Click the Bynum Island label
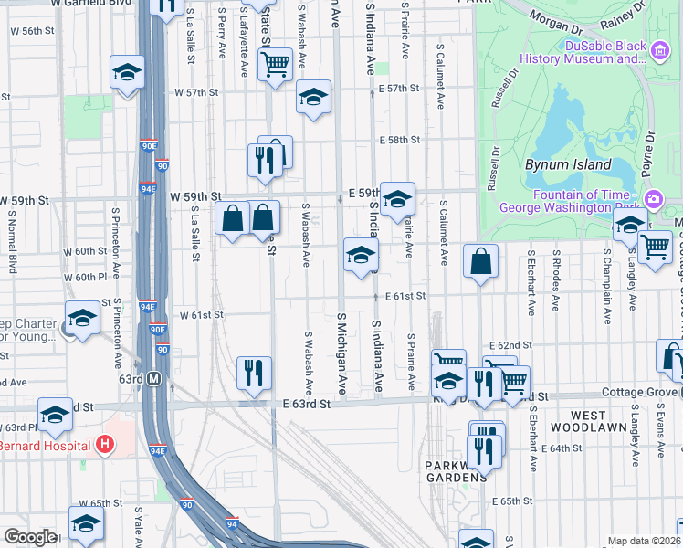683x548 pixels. click(562, 165)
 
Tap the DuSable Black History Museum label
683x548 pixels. click(583, 53)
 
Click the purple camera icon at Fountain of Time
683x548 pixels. click(654, 199)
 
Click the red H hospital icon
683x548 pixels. click(105, 445)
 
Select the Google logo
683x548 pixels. click(30, 537)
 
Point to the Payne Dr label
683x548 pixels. click(650, 151)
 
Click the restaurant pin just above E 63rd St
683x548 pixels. click(254, 373)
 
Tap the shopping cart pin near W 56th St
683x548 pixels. click(275, 64)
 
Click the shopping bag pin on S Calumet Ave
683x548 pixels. click(480, 261)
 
